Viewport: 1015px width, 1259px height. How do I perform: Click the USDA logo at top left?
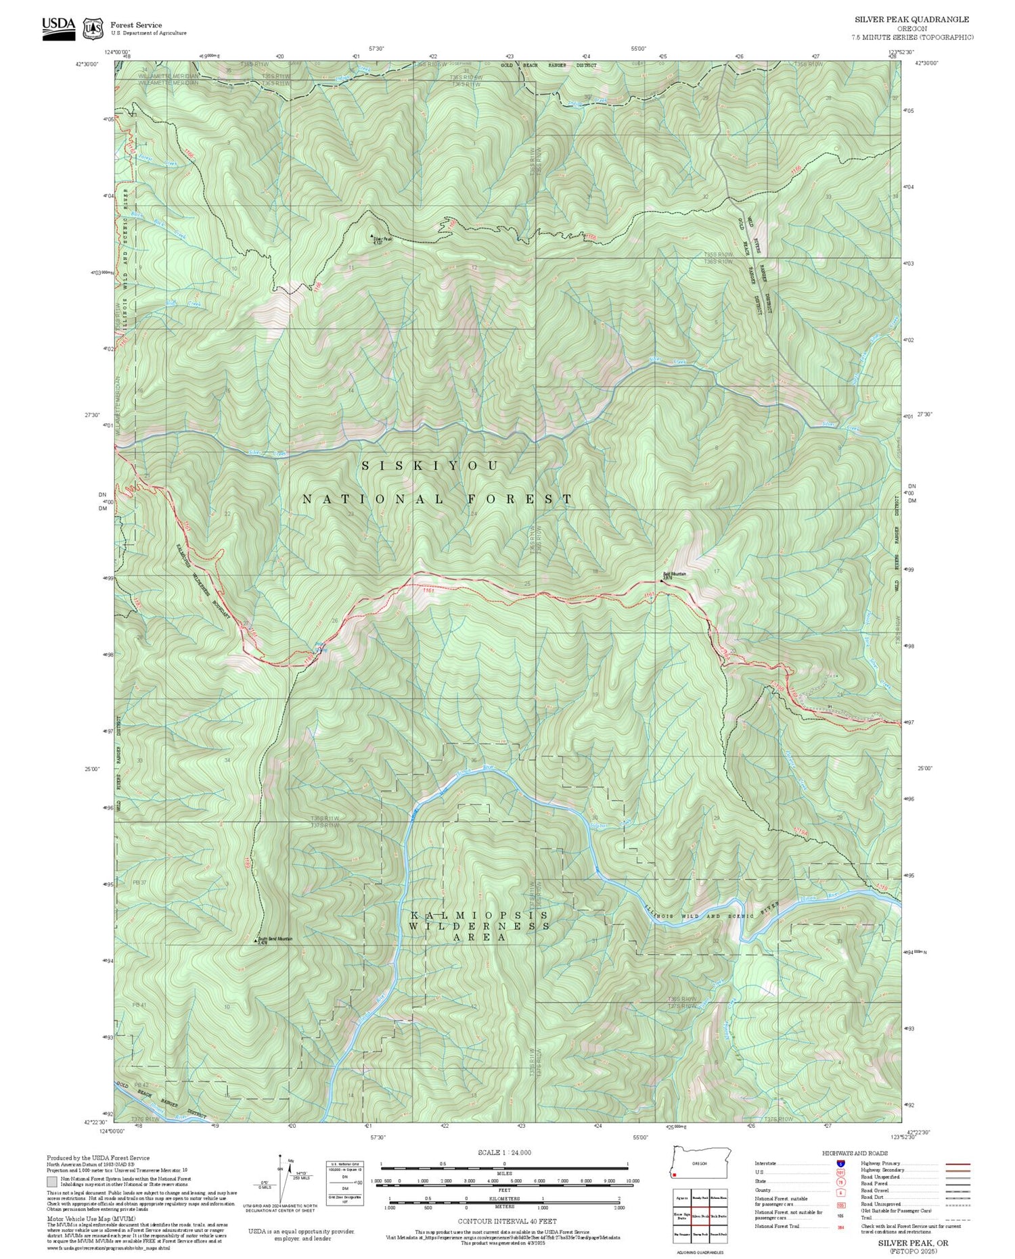(x=58, y=26)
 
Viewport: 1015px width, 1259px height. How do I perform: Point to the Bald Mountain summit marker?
(x=662, y=580)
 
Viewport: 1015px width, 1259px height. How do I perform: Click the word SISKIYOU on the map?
(x=431, y=466)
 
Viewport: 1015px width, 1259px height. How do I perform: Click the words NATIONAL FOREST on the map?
(x=437, y=499)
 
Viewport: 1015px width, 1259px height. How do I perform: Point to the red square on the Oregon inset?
(x=675, y=1175)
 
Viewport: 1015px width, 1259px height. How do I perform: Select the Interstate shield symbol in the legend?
(x=840, y=1164)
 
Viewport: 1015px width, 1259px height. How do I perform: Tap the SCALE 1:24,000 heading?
(x=504, y=1153)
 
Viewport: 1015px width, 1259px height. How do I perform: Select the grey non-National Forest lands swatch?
(x=52, y=1181)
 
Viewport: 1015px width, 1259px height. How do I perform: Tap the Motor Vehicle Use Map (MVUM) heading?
(x=79, y=1216)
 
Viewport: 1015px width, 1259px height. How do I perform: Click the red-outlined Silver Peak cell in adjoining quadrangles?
(x=700, y=1216)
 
